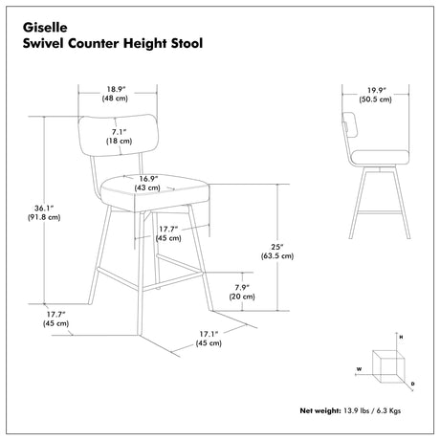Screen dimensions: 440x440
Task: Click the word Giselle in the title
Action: [45, 28]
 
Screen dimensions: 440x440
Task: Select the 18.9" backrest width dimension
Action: [117, 89]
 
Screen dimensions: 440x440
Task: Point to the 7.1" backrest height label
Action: [119, 131]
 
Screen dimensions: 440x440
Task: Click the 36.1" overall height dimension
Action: [44, 209]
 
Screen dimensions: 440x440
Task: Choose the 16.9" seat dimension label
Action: [148, 179]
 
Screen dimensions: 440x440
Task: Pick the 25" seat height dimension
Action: [277, 247]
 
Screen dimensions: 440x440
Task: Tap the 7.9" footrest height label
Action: [242, 287]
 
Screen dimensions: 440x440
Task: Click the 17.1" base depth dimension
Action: [209, 334]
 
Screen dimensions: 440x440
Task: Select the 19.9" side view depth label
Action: [377, 90]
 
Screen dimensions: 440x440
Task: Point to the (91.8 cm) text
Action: [44, 217]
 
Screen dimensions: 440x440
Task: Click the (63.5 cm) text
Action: [277, 256]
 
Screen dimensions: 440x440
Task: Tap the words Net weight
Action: [320, 410]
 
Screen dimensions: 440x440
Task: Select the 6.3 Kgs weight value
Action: [388, 410]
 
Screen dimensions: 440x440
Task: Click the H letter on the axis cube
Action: [401, 337]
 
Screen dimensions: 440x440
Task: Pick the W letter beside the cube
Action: [359, 369]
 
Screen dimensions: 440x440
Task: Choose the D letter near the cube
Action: [412, 384]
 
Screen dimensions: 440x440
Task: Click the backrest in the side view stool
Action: [350, 124]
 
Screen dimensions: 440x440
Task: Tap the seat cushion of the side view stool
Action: [380, 158]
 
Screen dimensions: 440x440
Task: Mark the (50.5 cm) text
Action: [376, 99]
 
